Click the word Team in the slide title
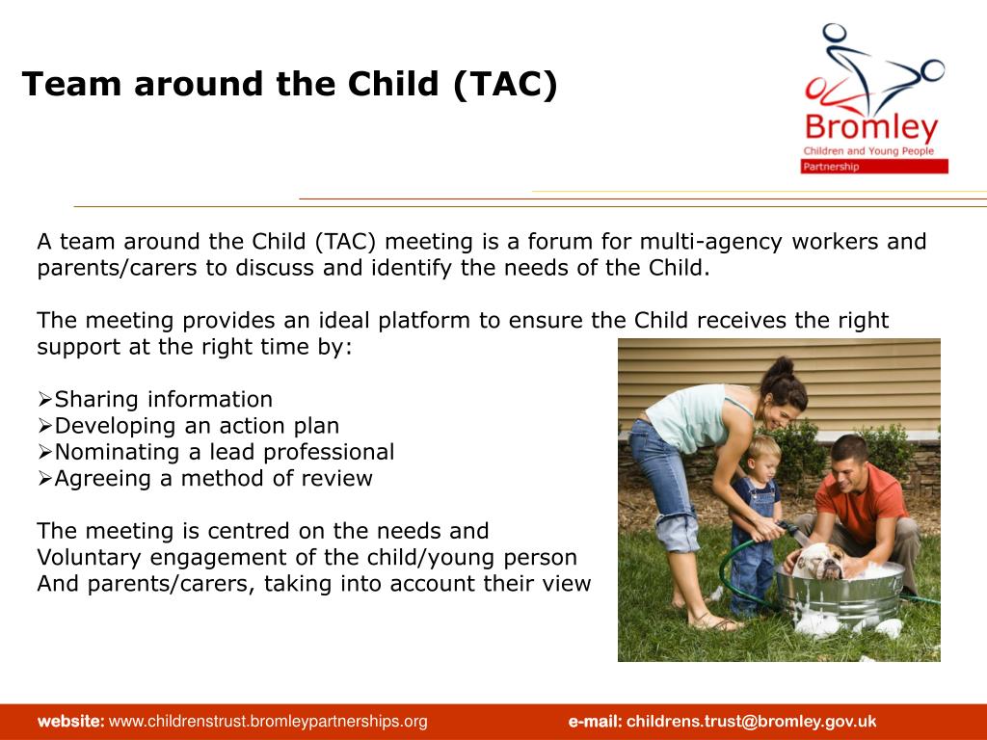coord(71,84)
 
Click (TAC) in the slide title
coord(505,84)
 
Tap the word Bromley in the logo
coord(871,128)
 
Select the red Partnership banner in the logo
coord(874,166)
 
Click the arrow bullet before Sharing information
coord(44,399)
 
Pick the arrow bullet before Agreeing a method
coord(44,478)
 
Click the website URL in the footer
coord(268,721)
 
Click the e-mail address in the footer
coord(751,721)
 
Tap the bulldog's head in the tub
coord(819,560)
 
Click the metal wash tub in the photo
coord(840,595)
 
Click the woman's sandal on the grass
coord(714,623)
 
